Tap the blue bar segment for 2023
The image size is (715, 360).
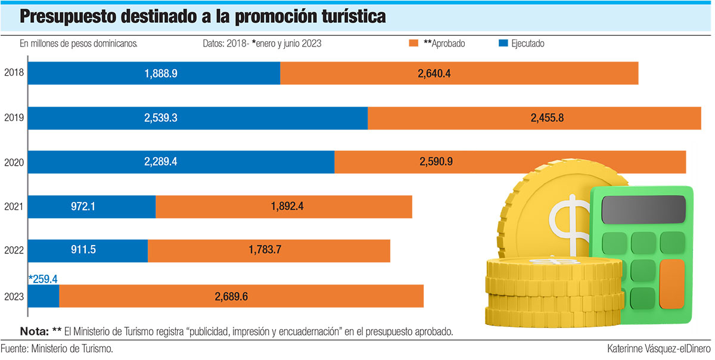[x=43, y=296]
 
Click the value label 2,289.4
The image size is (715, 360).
[x=160, y=162]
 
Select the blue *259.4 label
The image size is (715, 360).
[x=43, y=278]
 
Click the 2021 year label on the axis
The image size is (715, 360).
[x=13, y=207]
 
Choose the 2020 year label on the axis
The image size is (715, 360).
[x=13, y=162]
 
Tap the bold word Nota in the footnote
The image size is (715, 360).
[x=33, y=331]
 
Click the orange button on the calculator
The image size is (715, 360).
[x=672, y=283]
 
